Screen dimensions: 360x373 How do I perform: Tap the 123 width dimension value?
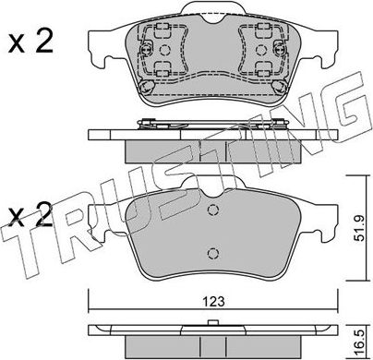pos(214,299)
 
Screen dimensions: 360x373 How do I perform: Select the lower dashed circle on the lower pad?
pos(214,255)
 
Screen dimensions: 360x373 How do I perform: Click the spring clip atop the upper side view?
pos(214,124)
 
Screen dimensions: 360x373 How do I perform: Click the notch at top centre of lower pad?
pos(214,191)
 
